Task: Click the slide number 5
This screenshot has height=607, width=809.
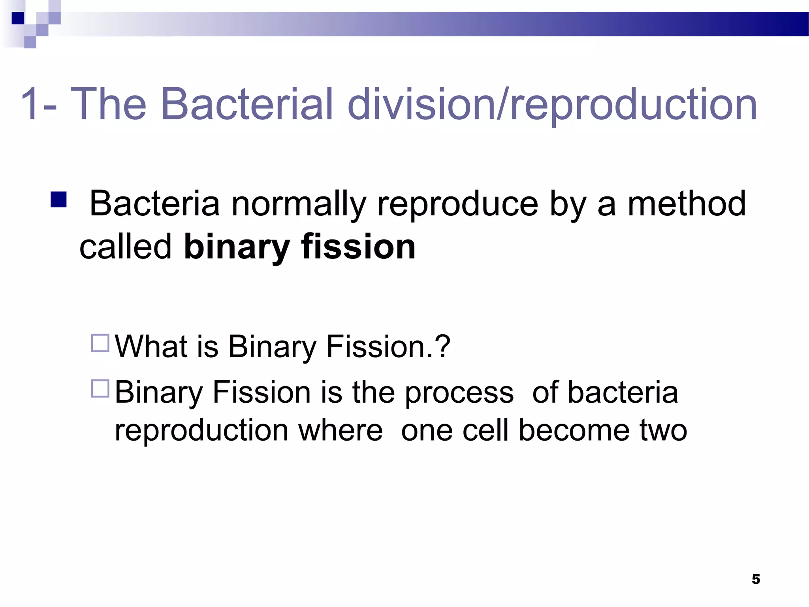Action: [756, 579]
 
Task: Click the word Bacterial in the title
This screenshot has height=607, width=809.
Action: [247, 104]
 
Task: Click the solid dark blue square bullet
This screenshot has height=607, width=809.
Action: [58, 200]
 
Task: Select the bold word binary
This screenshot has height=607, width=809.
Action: [237, 247]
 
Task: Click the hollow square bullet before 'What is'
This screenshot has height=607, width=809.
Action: [100, 343]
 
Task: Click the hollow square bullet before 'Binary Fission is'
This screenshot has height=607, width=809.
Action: [100, 388]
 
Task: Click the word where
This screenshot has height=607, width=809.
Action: [341, 430]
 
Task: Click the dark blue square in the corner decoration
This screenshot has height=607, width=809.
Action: [18, 18]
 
